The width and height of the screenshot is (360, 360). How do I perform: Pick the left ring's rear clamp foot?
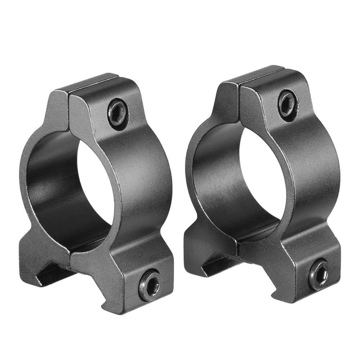click(x=34, y=252)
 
